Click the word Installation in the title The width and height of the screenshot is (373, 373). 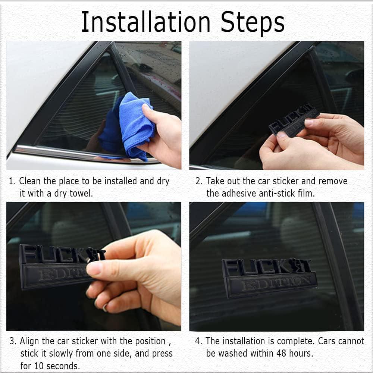(145, 22)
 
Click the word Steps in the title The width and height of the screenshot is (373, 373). (253, 23)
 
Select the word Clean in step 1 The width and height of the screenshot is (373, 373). (30, 181)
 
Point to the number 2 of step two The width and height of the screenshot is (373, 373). (198, 181)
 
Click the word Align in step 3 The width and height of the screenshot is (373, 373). (30, 341)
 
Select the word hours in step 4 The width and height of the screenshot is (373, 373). (301, 354)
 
